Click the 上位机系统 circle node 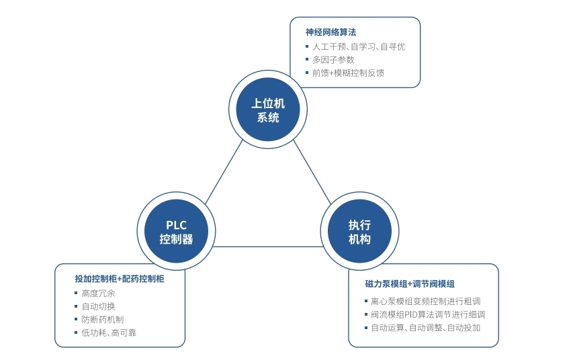[x=268, y=109]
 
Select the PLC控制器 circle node [x=177, y=231]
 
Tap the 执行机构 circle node [x=359, y=231]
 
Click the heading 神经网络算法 [x=331, y=32]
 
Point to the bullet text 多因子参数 [x=333, y=60]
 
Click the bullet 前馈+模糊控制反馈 [x=348, y=73]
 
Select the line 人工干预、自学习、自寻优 [x=359, y=47]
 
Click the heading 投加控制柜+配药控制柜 [x=120, y=279]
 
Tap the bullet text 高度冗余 [x=98, y=294]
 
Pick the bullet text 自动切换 [x=98, y=306]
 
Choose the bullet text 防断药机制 [x=102, y=319]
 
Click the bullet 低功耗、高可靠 [x=109, y=332]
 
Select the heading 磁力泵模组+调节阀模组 [x=410, y=284]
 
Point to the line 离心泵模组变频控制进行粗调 [x=425, y=301]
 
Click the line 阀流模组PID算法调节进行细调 [x=428, y=314]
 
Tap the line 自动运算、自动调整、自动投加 [x=425, y=328]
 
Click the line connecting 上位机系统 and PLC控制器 [x=224, y=172]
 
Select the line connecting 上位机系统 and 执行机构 [x=312, y=172]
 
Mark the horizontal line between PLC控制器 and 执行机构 [x=268, y=246]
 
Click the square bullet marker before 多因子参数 [x=307, y=59]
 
